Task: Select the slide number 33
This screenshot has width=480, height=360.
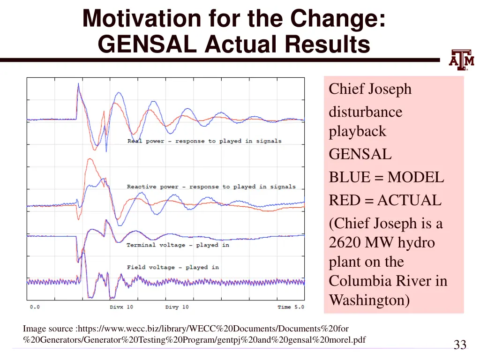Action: click(460, 345)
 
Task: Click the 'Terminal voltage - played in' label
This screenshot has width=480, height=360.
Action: click(178, 245)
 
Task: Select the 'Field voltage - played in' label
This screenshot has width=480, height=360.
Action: click(172, 267)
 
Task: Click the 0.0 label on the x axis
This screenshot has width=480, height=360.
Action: click(35, 307)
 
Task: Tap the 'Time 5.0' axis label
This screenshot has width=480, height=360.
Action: click(291, 307)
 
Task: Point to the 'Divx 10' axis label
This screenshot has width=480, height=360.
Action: click(121, 307)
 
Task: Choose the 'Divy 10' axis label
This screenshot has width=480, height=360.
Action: click(177, 307)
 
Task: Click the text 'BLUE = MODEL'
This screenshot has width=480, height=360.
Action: click(386, 178)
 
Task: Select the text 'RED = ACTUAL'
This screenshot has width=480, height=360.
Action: click(385, 201)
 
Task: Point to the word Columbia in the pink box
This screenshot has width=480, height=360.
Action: click(358, 281)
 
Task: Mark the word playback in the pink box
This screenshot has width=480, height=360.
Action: click(357, 131)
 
